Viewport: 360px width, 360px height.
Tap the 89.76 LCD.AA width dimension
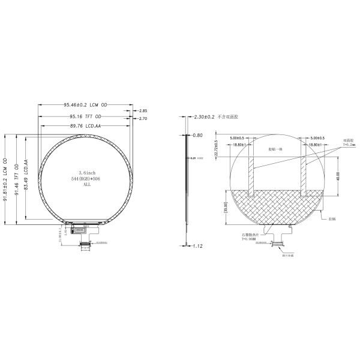84,126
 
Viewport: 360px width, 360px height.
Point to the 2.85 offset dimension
143,111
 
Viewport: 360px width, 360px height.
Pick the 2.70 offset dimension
143,119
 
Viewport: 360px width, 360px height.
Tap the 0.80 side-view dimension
199,136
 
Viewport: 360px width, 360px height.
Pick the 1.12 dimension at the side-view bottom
199,245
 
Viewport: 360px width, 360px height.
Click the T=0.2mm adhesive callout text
349,145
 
